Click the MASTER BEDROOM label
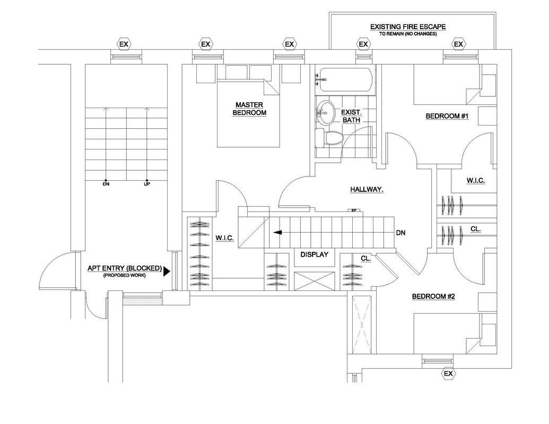coord(250,109)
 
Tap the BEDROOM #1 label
coord(447,116)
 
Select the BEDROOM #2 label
coord(433,296)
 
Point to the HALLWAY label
coord(367,189)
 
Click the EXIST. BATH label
coord(351,116)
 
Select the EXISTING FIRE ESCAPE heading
coord(408,26)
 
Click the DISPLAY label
coord(314,254)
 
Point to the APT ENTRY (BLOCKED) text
coord(125,268)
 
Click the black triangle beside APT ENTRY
coord(167,271)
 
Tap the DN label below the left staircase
coord(106,184)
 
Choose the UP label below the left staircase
coord(147,184)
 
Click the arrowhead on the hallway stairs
coord(277,232)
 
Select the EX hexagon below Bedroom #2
coord(448,374)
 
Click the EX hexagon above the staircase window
coord(124,44)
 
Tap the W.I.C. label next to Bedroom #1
coord(475,181)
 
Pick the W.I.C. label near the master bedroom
coord(225,238)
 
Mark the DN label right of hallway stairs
coord(401,233)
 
